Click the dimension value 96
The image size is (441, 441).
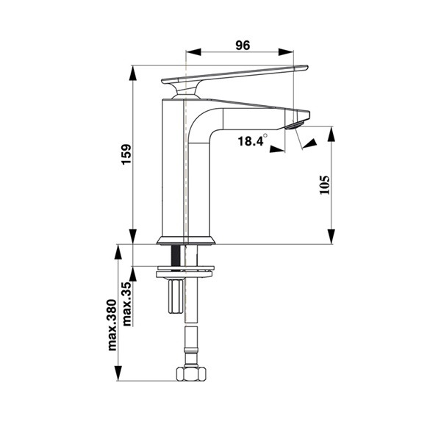point(243,46)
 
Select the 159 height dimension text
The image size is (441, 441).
point(126,154)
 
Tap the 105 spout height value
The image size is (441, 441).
point(324,184)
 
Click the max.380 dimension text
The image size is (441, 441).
point(112,325)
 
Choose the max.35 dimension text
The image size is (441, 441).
point(127,304)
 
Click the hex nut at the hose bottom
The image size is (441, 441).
point(191,374)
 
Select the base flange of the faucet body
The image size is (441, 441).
point(186,240)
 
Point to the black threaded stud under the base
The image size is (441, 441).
point(176,257)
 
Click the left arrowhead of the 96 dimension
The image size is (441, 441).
point(193,52)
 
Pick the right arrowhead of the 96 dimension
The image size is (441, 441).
point(286,52)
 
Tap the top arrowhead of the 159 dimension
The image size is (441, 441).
point(133,73)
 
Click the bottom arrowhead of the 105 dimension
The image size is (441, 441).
point(332,237)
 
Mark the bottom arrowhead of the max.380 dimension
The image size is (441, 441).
point(118,373)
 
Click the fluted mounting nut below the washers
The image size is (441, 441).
point(176,296)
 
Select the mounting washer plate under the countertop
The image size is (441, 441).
point(186,268)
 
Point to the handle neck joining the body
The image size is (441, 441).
point(186,92)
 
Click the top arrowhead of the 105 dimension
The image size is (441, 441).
point(332,135)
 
